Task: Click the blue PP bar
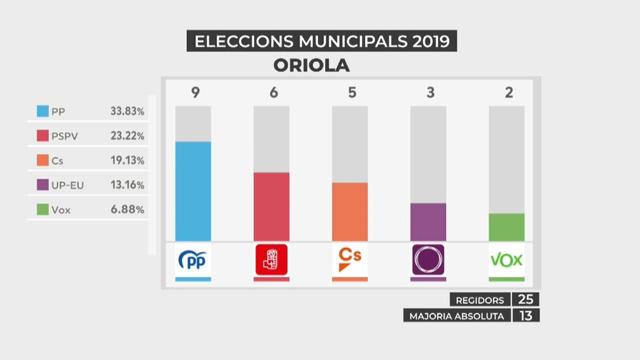[193, 191]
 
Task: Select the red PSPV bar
[272, 206]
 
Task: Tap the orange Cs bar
[350, 212]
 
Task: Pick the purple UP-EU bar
[428, 222]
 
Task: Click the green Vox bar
[507, 227]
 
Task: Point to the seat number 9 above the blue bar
[195, 92]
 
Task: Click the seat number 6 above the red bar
[274, 92]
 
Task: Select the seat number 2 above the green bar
[509, 92]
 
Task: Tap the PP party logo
[193, 260]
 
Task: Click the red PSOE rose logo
[272, 260]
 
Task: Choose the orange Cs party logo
[350, 259]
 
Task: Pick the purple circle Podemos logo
[428, 260]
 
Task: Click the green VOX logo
[506, 260]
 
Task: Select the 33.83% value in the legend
[127, 111]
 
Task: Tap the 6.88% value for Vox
[127, 210]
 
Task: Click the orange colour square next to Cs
[43, 160]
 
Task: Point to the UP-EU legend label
[68, 185]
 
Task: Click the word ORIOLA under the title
[312, 66]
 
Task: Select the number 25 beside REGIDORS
[526, 300]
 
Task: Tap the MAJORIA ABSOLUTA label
[456, 316]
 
